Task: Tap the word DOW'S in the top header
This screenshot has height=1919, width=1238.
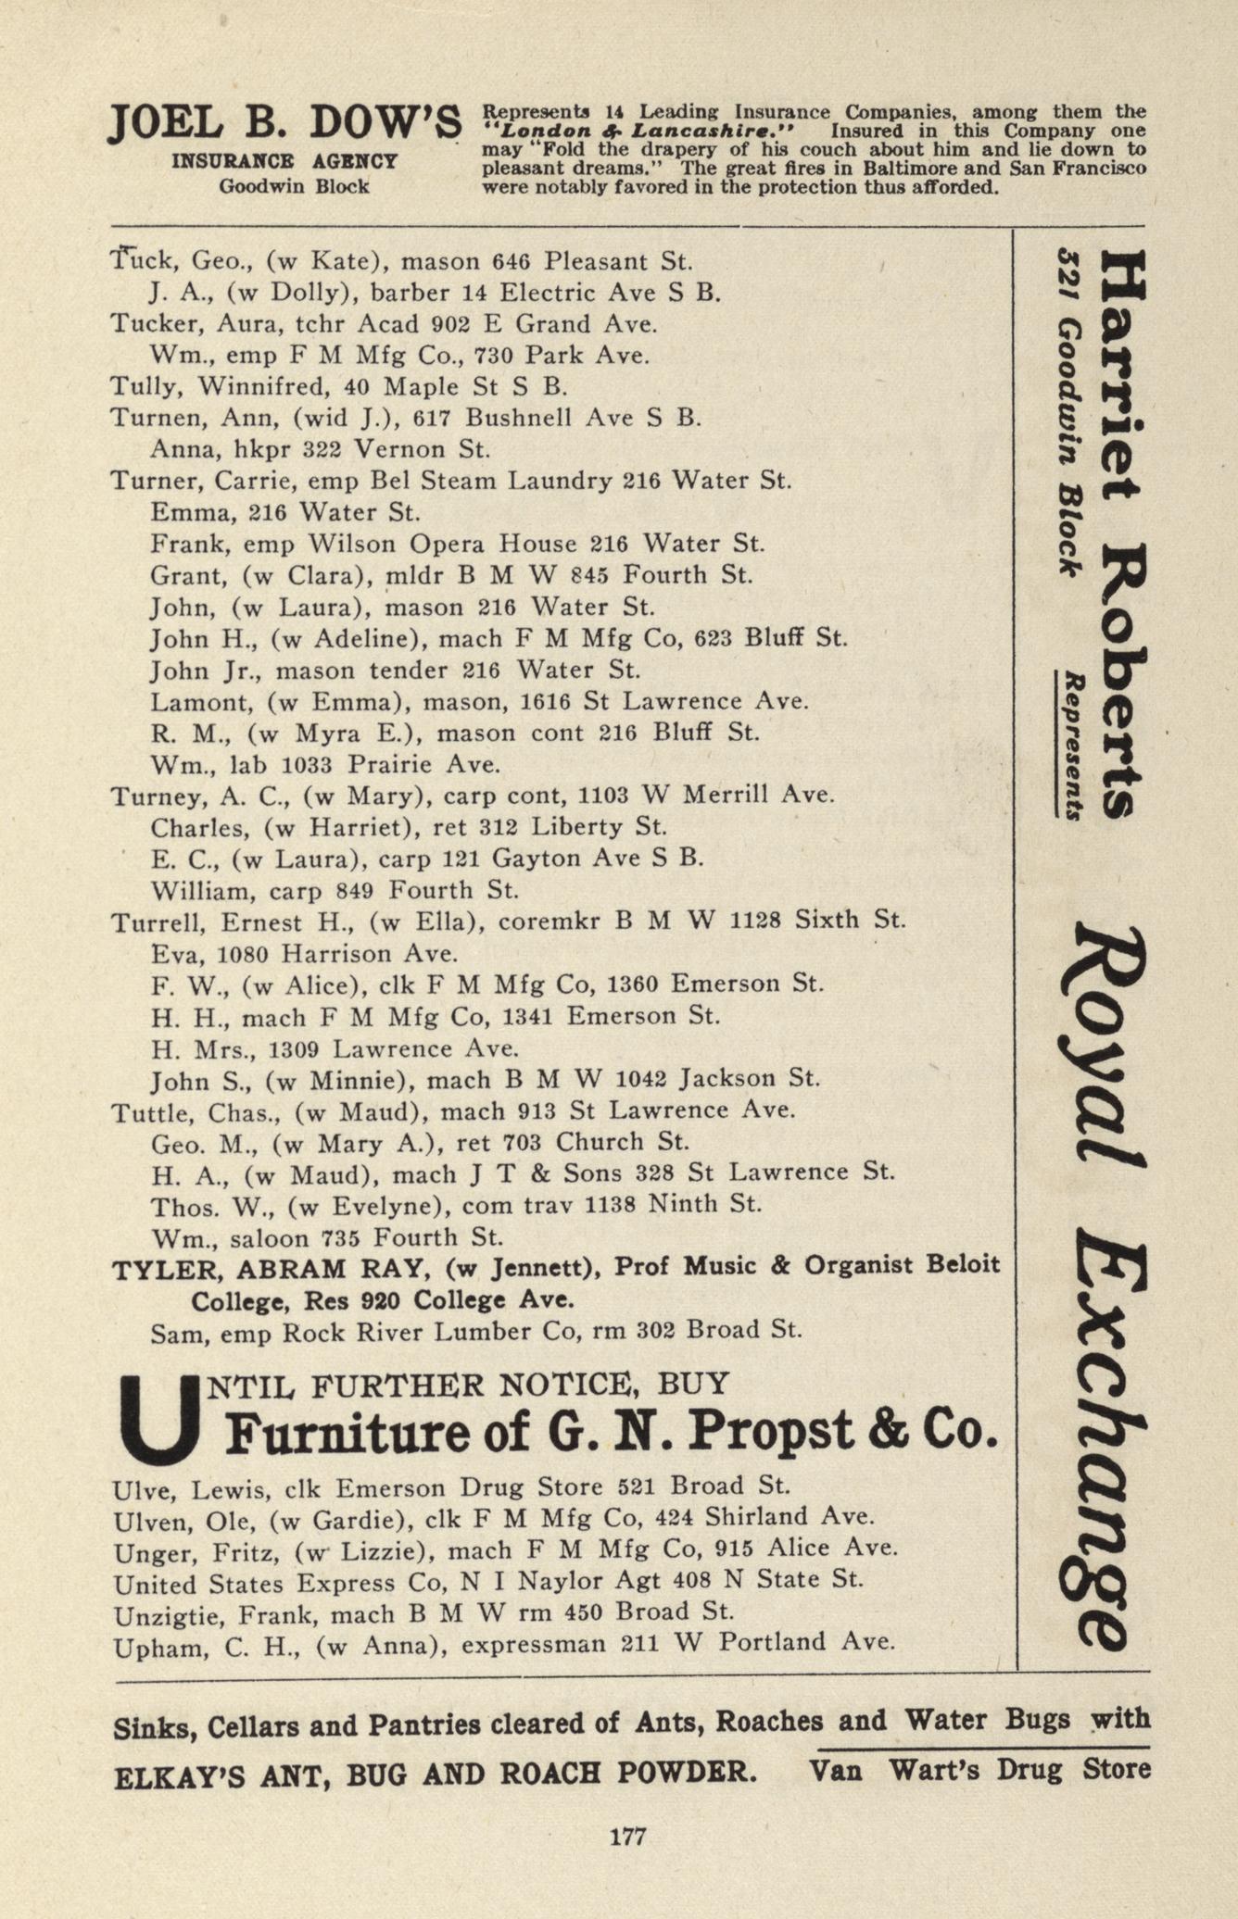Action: click(x=385, y=126)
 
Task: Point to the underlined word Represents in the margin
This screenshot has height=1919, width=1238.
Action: click(x=1073, y=746)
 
